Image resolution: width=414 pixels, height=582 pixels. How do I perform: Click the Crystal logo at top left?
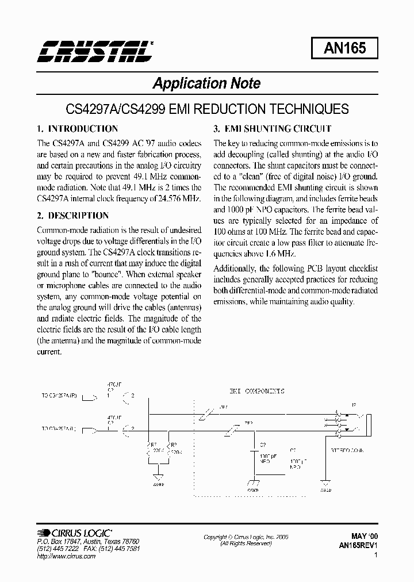point(95,51)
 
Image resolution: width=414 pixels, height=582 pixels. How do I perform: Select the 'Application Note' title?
point(206,83)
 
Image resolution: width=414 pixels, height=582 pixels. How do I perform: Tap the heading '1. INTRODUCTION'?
point(77,129)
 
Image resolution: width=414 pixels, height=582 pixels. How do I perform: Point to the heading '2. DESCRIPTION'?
point(72,216)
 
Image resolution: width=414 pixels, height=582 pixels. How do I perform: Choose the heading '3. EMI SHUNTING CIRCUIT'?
point(273,129)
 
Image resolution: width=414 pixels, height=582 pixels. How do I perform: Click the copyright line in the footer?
point(246,537)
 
